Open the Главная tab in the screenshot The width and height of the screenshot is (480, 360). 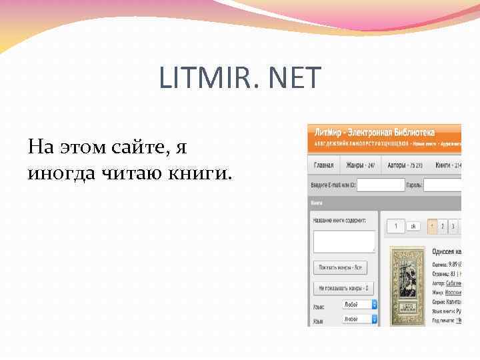coord(323,165)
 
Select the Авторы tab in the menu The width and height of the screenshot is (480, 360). coord(398,165)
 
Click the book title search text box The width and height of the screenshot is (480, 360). coord(344,241)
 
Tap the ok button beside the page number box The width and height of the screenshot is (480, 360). coord(413,227)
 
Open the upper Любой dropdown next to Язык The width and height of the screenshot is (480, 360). coord(359,304)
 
